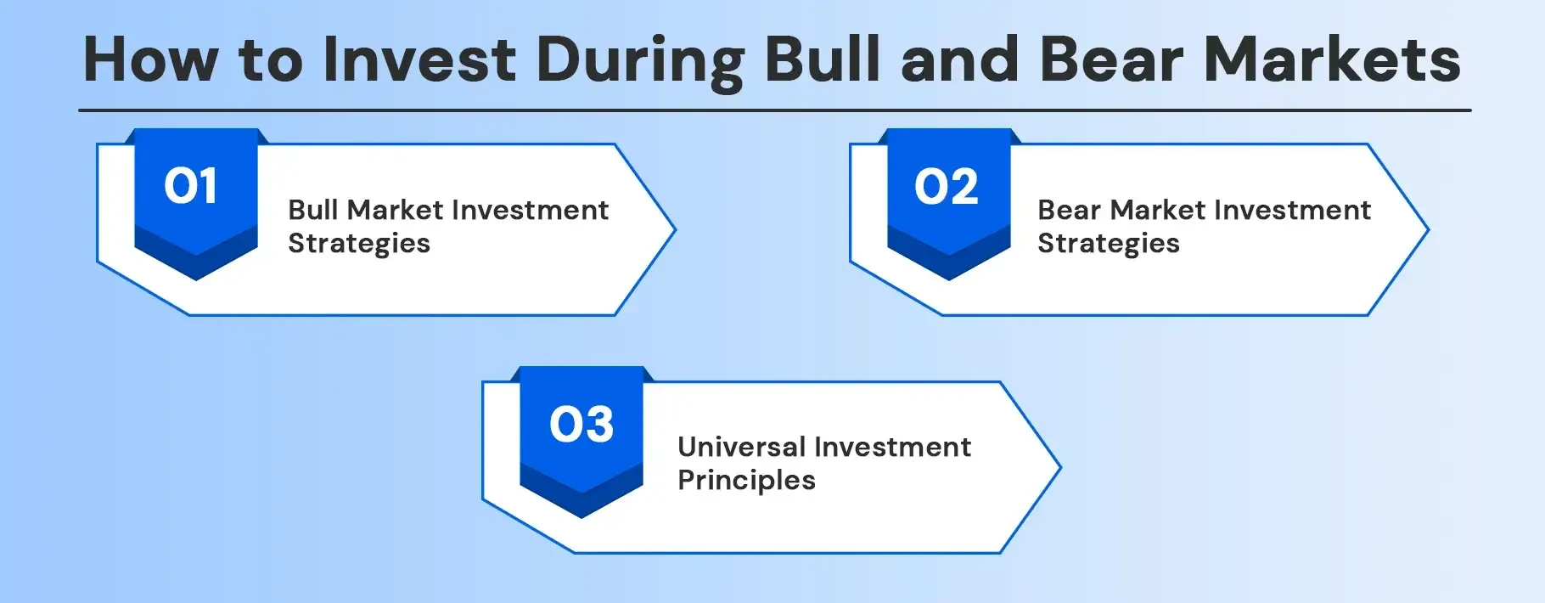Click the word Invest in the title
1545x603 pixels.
pyautogui.click(x=419, y=59)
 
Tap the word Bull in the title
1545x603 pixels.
pyautogui.click(x=821, y=59)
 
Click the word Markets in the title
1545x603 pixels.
pyautogui.click(x=1333, y=59)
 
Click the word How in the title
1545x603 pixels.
pyautogui.click(x=150, y=59)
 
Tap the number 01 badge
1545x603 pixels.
pyautogui.click(x=195, y=187)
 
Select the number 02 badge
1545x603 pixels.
pyautogui.click(x=947, y=187)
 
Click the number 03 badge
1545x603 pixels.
pyautogui.click(x=581, y=425)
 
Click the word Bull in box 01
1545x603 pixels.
pyautogui.click(x=312, y=210)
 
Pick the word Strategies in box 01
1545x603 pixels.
pyautogui.click(x=358, y=244)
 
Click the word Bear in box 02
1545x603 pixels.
pyautogui.click(x=1069, y=210)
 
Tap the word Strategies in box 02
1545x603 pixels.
pyautogui.click(x=1108, y=244)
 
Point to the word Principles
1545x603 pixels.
pyautogui.click(x=745, y=481)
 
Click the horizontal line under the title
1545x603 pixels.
pyautogui.click(x=774, y=110)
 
